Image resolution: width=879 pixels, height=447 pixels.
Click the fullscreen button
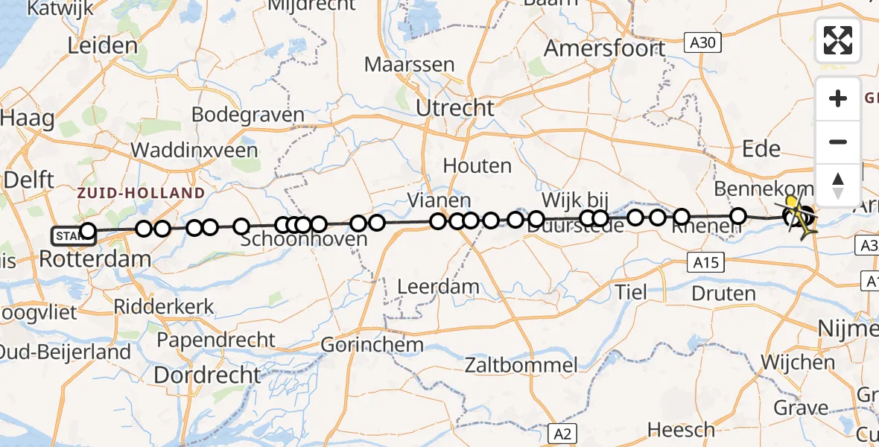[x=838, y=40]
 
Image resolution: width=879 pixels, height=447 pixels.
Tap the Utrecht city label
[x=454, y=109]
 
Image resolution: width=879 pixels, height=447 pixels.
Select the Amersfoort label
[x=605, y=48]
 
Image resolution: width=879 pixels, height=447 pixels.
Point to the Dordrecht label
[x=207, y=375]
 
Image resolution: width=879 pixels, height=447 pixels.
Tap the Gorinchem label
[x=372, y=346]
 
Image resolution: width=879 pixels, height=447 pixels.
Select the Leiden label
[x=103, y=46]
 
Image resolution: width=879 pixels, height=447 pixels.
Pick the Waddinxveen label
[x=194, y=150]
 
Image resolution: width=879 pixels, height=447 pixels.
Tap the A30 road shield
[x=702, y=44]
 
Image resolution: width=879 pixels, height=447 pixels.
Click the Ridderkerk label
[x=164, y=306]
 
